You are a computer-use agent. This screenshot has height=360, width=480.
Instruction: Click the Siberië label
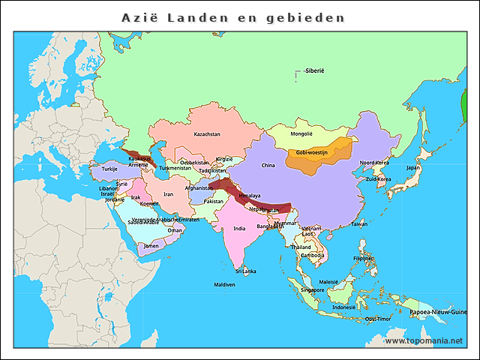point(314,71)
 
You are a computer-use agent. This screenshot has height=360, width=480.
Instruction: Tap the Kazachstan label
point(207,134)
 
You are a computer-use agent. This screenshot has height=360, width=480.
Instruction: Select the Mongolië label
point(301,133)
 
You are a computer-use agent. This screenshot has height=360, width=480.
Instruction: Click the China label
point(268,165)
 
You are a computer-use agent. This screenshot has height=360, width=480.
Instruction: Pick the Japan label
point(413,168)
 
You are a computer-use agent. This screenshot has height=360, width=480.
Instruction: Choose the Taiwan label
point(359,223)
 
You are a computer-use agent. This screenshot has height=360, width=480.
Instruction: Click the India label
point(239,229)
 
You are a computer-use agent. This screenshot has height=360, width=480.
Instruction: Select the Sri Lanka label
point(245,271)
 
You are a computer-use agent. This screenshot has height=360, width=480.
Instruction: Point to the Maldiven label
point(224,285)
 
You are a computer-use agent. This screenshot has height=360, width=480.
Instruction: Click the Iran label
point(169,194)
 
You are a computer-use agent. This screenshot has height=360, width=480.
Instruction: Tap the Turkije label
point(100,169)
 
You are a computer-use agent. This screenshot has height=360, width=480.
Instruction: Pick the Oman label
point(175,230)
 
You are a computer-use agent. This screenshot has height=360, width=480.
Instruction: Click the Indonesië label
point(344,307)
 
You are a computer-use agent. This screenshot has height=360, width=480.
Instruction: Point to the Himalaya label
point(250,196)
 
